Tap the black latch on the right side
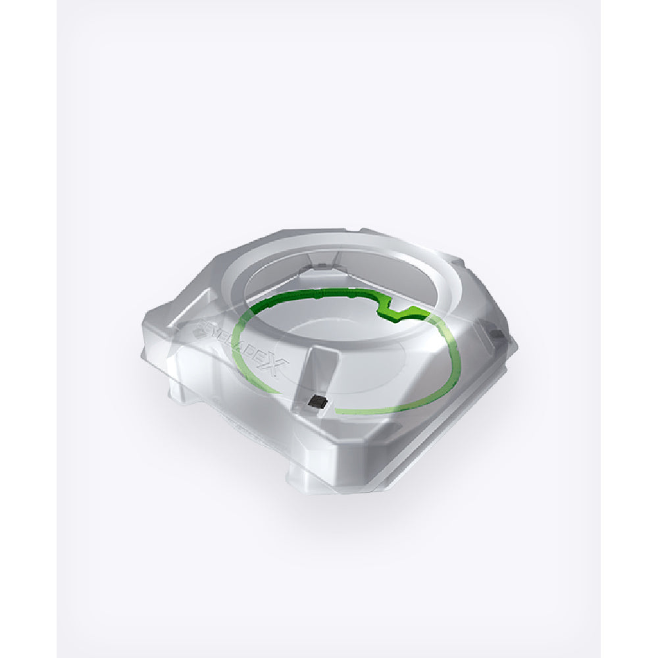tap(498, 334)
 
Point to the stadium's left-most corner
tap(143, 354)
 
